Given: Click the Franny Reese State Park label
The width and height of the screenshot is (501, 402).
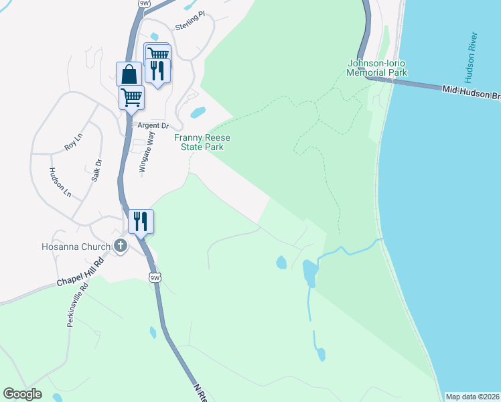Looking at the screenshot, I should coord(202,142).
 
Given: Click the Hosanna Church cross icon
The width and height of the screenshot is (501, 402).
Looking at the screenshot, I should coord(121,246).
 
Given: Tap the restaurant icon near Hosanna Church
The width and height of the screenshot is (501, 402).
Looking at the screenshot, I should coord(141,220).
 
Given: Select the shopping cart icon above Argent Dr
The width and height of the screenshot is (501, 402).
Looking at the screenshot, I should coord(131,96).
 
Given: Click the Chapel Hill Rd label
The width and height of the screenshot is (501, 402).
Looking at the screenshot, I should coord(80,273).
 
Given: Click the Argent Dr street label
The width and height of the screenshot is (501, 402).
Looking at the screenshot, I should coord(153,125).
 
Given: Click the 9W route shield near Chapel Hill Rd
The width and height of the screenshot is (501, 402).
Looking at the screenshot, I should coord(155,277).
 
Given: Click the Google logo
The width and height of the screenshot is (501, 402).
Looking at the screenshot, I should coord(22,394).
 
